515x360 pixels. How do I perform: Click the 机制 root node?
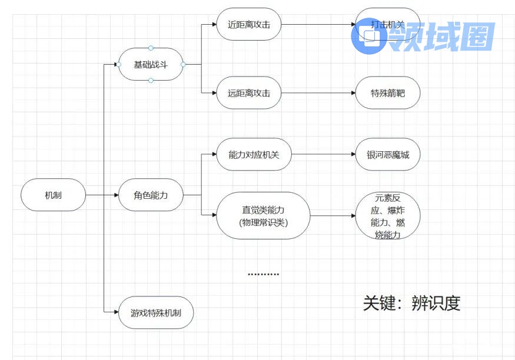(53, 195)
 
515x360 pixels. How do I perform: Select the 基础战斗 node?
(151, 64)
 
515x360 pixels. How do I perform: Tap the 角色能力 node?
(151, 195)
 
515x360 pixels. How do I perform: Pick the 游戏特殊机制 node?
(155, 312)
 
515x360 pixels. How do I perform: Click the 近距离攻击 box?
(248, 25)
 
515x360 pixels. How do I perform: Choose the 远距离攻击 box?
(248, 93)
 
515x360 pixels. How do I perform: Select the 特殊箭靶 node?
(388, 93)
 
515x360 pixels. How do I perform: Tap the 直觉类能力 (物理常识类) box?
(263, 215)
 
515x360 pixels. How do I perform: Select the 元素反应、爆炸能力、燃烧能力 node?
(388, 216)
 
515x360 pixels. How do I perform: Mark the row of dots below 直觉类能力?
(263, 274)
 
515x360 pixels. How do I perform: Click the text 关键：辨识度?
(411, 303)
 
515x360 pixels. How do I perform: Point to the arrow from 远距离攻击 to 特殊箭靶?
(318, 93)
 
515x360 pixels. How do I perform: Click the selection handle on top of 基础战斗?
(151, 48)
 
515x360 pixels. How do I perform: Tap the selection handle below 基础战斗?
(151, 80)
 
